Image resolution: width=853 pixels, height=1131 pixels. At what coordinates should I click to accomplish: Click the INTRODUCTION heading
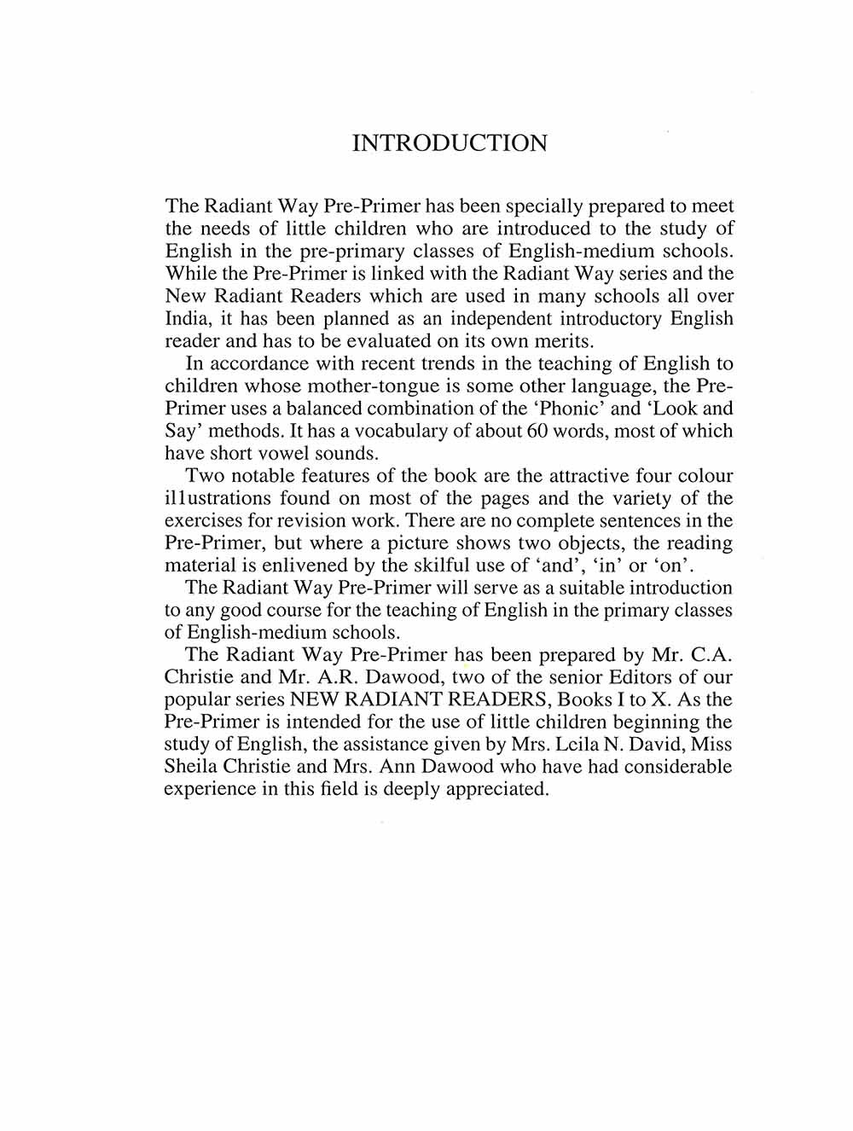coord(450,143)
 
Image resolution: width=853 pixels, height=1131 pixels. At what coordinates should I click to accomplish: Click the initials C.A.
coord(710,655)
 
